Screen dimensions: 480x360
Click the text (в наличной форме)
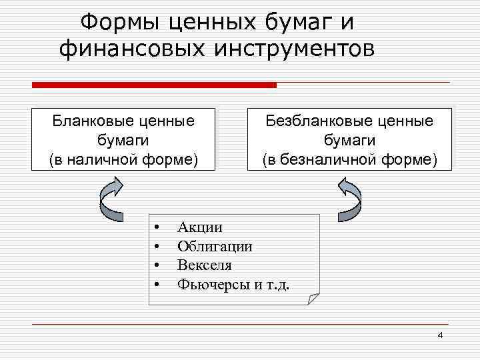click(x=123, y=159)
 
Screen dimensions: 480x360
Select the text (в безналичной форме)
click(x=349, y=159)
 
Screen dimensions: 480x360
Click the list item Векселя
click(x=204, y=265)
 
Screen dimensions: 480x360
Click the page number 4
click(x=439, y=335)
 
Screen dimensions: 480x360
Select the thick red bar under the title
click(x=154, y=85)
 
